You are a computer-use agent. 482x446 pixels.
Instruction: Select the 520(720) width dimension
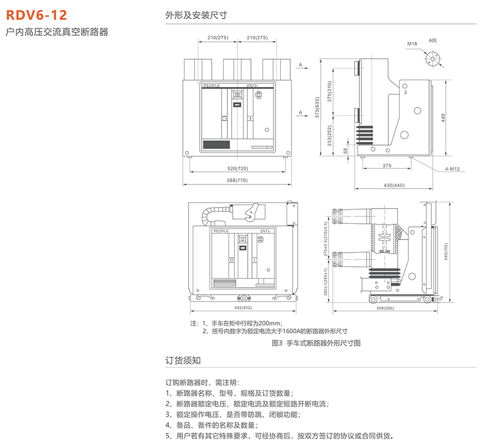(237, 168)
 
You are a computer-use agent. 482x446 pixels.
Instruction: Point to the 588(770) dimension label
(237, 181)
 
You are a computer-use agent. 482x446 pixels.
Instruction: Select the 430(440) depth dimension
(394, 185)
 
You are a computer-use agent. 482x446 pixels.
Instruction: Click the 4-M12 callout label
(452, 169)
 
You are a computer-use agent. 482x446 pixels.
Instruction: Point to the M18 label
(412, 45)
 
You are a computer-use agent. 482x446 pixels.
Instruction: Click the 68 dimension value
(345, 150)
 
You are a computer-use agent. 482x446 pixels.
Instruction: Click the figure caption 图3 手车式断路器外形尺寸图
(316, 343)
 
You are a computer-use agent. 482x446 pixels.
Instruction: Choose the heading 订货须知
(182, 361)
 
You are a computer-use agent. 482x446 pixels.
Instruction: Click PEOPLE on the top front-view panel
(211, 85)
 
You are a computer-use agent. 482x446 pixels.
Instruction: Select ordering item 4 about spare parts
(211, 425)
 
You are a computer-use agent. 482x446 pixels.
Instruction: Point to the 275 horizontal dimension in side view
(387, 166)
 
